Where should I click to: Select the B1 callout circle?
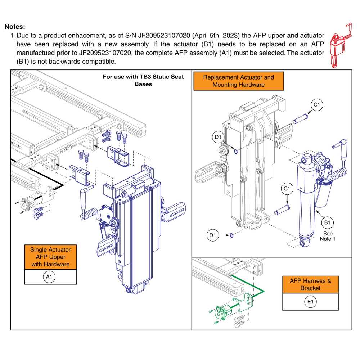coord(327,223)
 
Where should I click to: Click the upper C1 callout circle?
coord(317,105)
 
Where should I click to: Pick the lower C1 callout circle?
coord(287,189)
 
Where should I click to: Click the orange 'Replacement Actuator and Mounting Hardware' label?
coord(238,81)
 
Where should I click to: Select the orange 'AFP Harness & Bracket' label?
coord(310,284)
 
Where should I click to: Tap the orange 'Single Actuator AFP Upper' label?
coord(50,257)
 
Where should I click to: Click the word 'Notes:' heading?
coord(15,27)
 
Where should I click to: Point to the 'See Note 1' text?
coord(327,236)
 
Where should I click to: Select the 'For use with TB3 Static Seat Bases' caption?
coord(143,80)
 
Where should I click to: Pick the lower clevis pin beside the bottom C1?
coord(283,209)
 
